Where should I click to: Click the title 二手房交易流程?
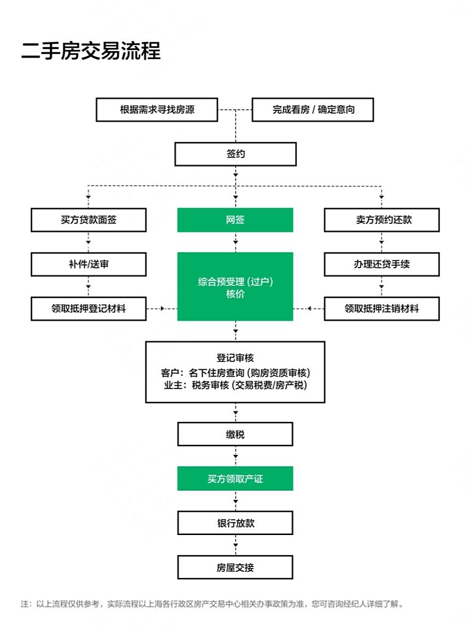(91, 51)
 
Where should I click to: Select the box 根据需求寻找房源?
(157, 109)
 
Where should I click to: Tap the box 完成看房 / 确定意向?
(313, 109)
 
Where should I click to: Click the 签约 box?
(236, 154)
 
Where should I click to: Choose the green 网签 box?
(235, 220)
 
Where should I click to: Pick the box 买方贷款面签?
(88, 220)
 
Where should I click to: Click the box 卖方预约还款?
(382, 220)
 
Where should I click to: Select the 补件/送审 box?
(88, 264)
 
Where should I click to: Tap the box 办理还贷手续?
(382, 264)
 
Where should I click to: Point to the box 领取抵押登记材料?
(88, 309)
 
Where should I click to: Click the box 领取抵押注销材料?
(382, 309)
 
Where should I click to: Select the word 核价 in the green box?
(235, 294)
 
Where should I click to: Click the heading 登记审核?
(235, 358)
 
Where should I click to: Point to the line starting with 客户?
(235, 373)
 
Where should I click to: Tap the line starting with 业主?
(235, 385)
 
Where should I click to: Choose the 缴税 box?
(235, 434)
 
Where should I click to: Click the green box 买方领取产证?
(235, 478)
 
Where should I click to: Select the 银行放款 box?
(235, 523)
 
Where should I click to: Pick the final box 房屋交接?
(235, 567)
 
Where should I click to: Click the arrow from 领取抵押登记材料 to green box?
(161, 309)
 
